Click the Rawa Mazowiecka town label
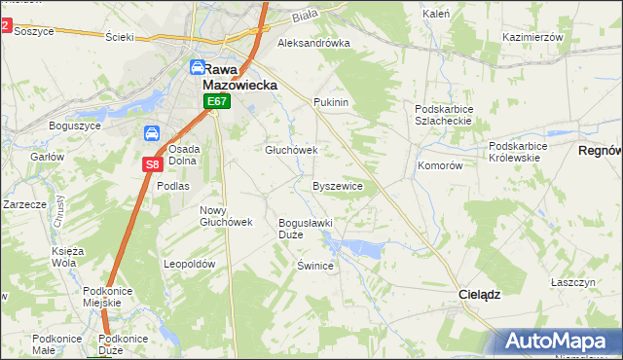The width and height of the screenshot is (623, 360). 233,76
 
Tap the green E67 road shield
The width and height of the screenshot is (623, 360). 216,101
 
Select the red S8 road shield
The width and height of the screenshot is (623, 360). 153,164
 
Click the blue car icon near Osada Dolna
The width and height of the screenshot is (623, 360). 152,133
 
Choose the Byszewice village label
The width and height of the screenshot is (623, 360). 338,185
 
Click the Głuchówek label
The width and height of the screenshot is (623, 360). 292,150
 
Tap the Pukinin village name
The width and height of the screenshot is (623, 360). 331,102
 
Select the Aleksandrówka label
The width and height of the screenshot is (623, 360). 313,44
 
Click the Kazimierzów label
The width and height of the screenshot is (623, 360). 533,36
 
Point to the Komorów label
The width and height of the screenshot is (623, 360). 440,165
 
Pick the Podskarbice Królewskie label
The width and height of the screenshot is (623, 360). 519,152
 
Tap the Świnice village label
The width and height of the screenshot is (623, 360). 316,265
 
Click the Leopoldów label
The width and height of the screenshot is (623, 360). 189,264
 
